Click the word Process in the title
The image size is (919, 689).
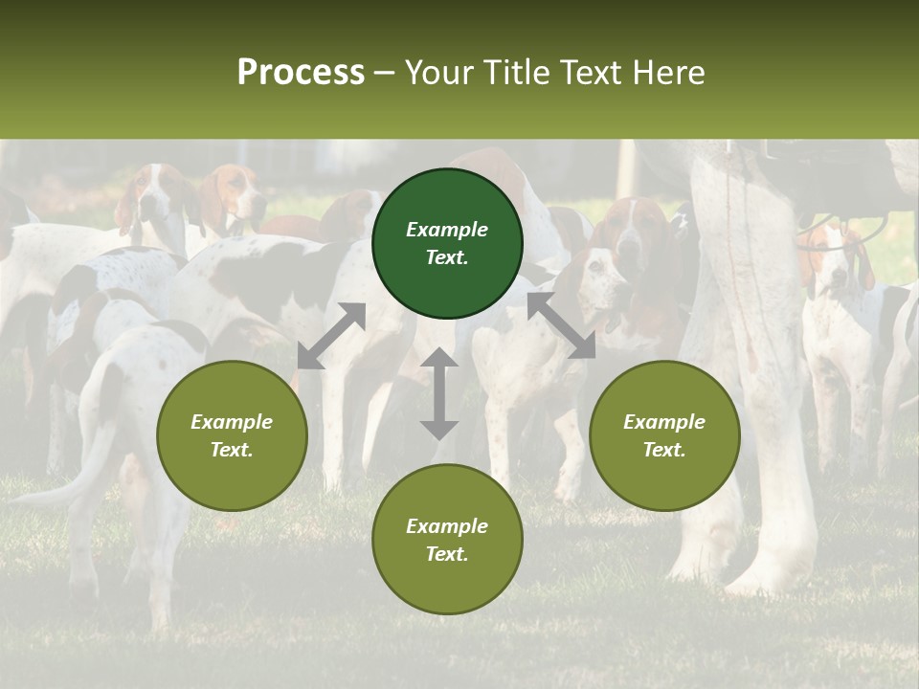(301, 73)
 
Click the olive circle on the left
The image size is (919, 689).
(232, 435)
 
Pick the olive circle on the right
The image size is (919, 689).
(664, 435)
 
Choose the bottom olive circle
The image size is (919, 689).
(447, 539)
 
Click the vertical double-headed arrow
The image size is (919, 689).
(439, 393)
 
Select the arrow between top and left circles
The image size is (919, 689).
(331, 335)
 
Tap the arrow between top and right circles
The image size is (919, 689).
(561, 325)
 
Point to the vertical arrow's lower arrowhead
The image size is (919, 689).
(439, 428)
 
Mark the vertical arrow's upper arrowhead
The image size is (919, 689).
(439, 359)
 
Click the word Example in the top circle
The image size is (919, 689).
(447, 230)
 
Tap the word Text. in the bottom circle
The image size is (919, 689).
(447, 554)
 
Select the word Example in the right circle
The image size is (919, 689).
(664, 422)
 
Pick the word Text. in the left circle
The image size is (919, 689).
(232, 450)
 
